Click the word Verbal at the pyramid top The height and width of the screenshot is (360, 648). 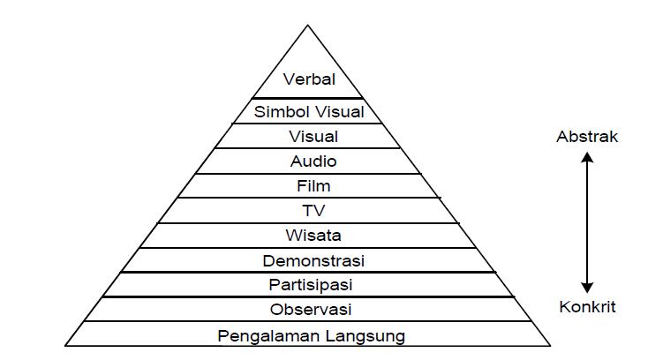[x=309, y=79]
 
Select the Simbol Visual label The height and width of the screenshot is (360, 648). [x=309, y=112]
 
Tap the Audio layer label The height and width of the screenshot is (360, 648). [x=313, y=161]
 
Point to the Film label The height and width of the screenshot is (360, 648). [x=313, y=186]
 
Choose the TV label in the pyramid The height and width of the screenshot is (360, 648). [x=313, y=211]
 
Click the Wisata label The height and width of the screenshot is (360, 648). [x=313, y=236]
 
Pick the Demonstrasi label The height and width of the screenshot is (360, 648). [x=313, y=261]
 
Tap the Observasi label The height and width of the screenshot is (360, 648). [x=312, y=310]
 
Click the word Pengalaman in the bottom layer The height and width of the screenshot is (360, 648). [x=264, y=336]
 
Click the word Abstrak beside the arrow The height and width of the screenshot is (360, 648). [x=587, y=137]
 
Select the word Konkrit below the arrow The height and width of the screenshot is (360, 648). [x=587, y=307]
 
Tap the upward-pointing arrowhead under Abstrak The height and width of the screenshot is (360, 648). [x=588, y=158]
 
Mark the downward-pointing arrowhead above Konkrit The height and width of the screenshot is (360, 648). [x=588, y=287]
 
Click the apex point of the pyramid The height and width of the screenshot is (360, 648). [x=308, y=26]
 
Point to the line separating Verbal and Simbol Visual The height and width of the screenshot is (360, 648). [x=308, y=98]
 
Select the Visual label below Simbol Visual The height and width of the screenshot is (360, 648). [x=313, y=137]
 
